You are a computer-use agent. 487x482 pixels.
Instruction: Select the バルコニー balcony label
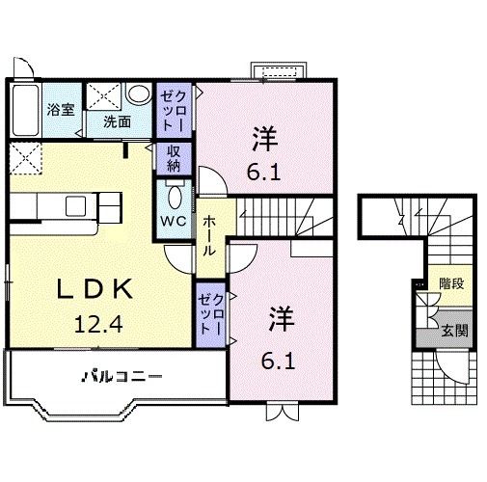[x=121, y=375]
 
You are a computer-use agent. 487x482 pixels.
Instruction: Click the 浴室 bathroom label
[x=60, y=109]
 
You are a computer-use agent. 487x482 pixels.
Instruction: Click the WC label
[x=174, y=220]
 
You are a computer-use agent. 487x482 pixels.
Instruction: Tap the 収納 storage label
[x=174, y=158]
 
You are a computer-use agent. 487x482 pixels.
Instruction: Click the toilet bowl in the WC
[x=174, y=196]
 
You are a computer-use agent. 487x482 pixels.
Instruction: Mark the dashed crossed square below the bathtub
[x=27, y=157]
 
